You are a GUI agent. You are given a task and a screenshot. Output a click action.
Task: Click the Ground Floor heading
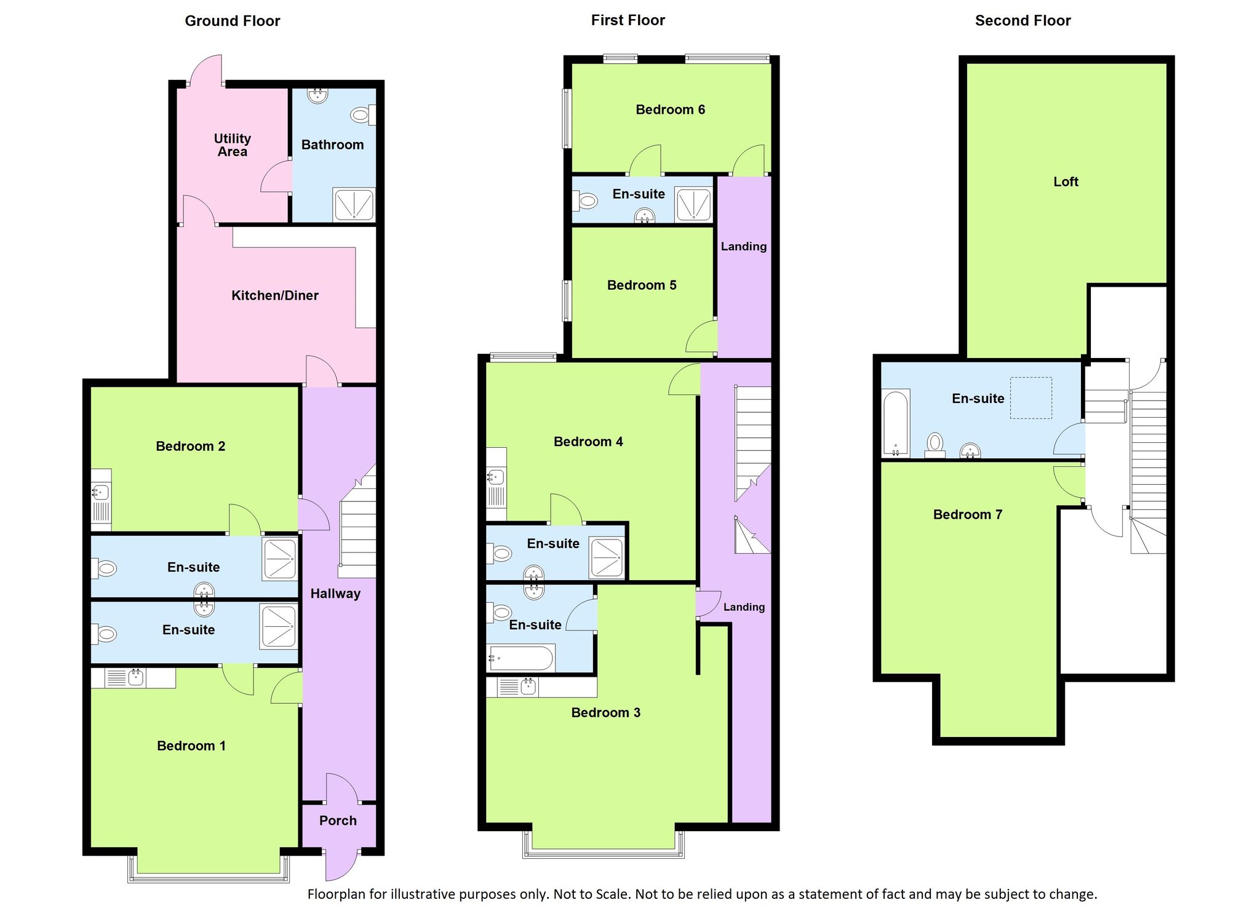click(233, 21)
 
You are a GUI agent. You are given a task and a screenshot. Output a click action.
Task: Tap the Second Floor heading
click(1023, 21)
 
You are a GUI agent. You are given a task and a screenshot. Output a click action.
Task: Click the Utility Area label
click(233, 145)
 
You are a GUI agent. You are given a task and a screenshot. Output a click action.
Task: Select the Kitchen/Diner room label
click(275, 295)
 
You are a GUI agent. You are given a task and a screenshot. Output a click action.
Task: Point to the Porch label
click(338, 821)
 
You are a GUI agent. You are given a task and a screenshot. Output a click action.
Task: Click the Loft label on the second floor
click(1066, 181)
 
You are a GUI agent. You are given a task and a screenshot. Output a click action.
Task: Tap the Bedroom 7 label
click(968, 514)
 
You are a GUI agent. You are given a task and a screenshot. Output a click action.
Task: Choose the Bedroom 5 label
click(642, 285)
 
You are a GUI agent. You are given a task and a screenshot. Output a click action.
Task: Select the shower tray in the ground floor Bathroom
click(354, 204)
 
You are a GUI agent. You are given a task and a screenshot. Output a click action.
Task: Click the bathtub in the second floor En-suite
click(896, 424)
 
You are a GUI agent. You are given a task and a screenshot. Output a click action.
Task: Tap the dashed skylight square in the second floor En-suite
click(1031, 398)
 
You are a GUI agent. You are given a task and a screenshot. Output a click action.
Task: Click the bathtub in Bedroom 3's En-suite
click(520, 658)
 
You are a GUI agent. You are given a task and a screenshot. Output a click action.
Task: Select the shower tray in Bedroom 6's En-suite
click(694, 204)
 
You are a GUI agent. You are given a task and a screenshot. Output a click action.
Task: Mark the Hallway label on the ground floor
click(335, 594)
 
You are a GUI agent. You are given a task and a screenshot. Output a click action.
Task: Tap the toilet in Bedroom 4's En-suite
click(499, 554)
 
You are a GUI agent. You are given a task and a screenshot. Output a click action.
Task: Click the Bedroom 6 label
click(670, 110)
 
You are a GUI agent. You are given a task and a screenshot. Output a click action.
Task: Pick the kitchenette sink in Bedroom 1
click(135, 678)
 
